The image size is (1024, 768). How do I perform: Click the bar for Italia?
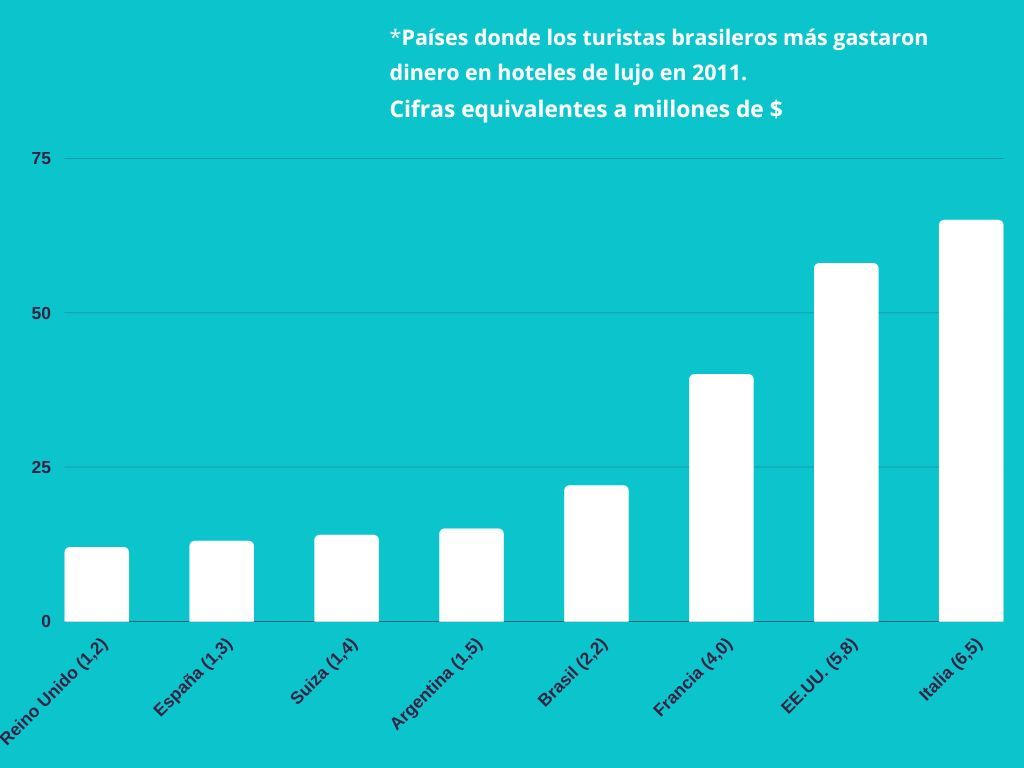[x=970, y=420]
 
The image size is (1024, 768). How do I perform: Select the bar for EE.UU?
[x=846, y=442]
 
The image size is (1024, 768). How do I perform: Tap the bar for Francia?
[x=721, y=497]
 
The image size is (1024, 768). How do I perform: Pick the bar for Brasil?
[x=596, y=553]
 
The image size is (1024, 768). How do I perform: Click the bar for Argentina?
[x=471, y=574]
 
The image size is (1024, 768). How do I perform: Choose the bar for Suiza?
[x=346, y=578]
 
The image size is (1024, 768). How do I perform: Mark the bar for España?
[x=221, y=581]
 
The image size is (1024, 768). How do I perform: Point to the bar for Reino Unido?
[x=97, y=584]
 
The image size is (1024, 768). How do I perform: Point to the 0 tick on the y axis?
[x=45, y=621]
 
